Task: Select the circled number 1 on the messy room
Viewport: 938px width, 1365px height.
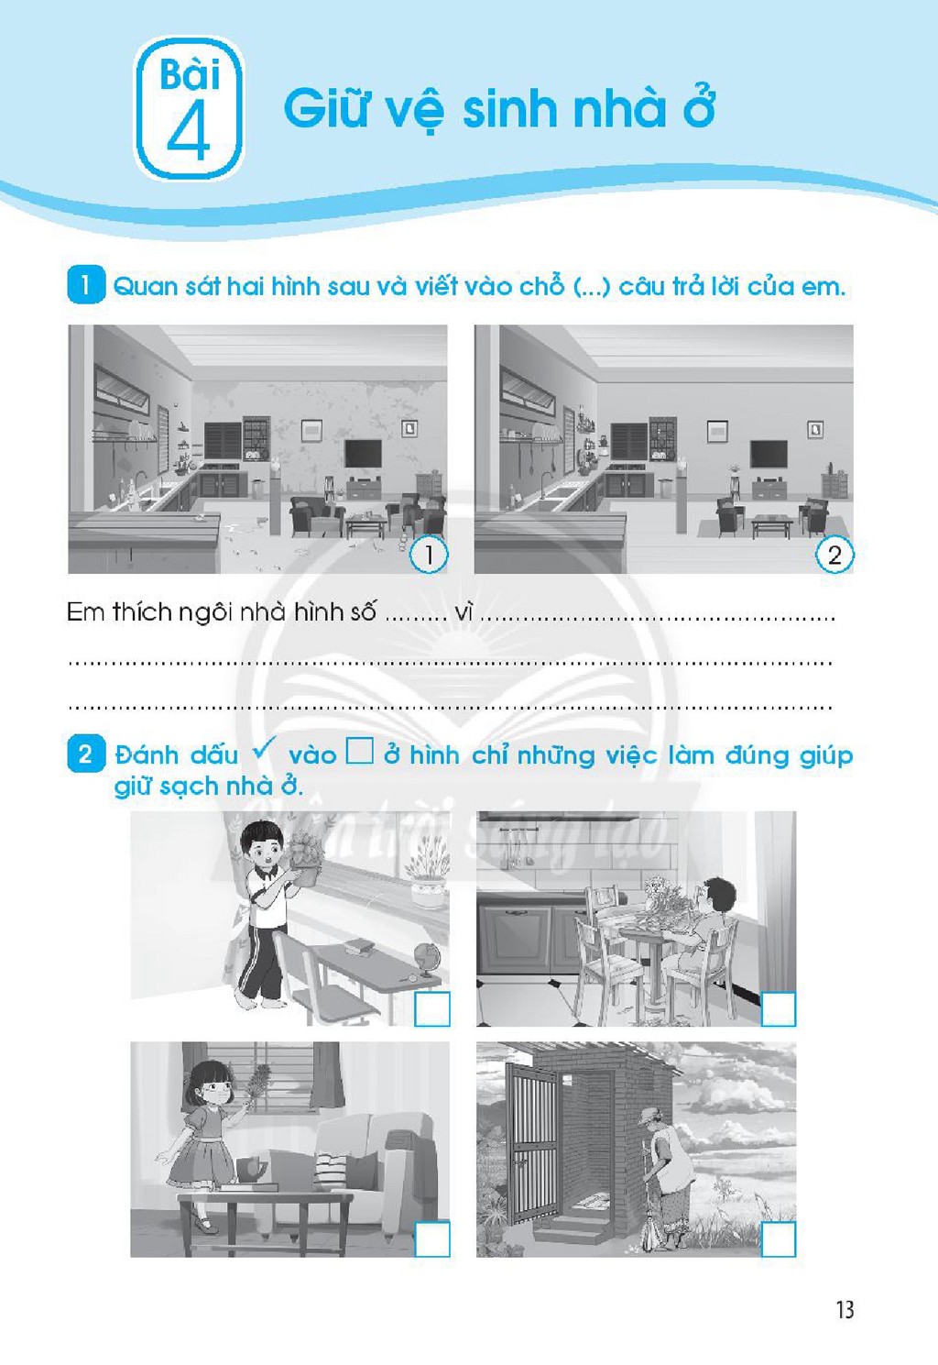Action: (x=429, y=555)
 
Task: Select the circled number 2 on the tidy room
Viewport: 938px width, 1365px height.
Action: (x=834, y=555)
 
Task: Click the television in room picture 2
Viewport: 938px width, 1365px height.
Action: (x=769, y=454)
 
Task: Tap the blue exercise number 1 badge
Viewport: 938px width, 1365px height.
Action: (x=86, y=284)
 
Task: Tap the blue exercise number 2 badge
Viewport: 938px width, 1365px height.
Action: (x=86, y=754)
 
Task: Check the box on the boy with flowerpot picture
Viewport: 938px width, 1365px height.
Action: (x=432, y=1008)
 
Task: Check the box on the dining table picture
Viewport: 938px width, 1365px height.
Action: (x=779, y=1008)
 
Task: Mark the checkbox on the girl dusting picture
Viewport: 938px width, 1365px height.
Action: (x=432, y=1238)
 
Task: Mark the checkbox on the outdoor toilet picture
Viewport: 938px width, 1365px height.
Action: (x=779, y=1238)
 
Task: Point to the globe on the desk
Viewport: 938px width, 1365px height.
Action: (x=426, y=956)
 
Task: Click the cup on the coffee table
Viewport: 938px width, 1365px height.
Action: (x=251, y=1168)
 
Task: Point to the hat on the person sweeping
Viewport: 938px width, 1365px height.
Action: (x=652, y=1115)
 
